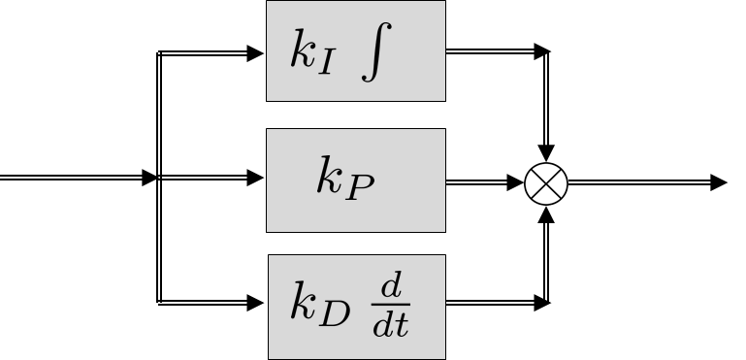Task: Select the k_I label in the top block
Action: (313, 53)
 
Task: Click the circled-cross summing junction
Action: (547, 181)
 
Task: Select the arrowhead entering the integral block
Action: (257, 53)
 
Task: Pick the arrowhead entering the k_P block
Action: (257, 178)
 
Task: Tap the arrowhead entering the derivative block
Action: (257, 303)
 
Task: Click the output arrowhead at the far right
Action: (719, 181)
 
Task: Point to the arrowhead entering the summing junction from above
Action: (547, 153)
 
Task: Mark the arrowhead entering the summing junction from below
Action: (547, 211)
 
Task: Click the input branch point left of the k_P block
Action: (158, 178)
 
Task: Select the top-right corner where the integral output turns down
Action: (547, 52)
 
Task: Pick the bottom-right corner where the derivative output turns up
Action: (547, 303)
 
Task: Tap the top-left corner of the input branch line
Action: (158, 53)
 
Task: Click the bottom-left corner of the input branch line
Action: (158, 303)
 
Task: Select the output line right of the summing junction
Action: (640, 181)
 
